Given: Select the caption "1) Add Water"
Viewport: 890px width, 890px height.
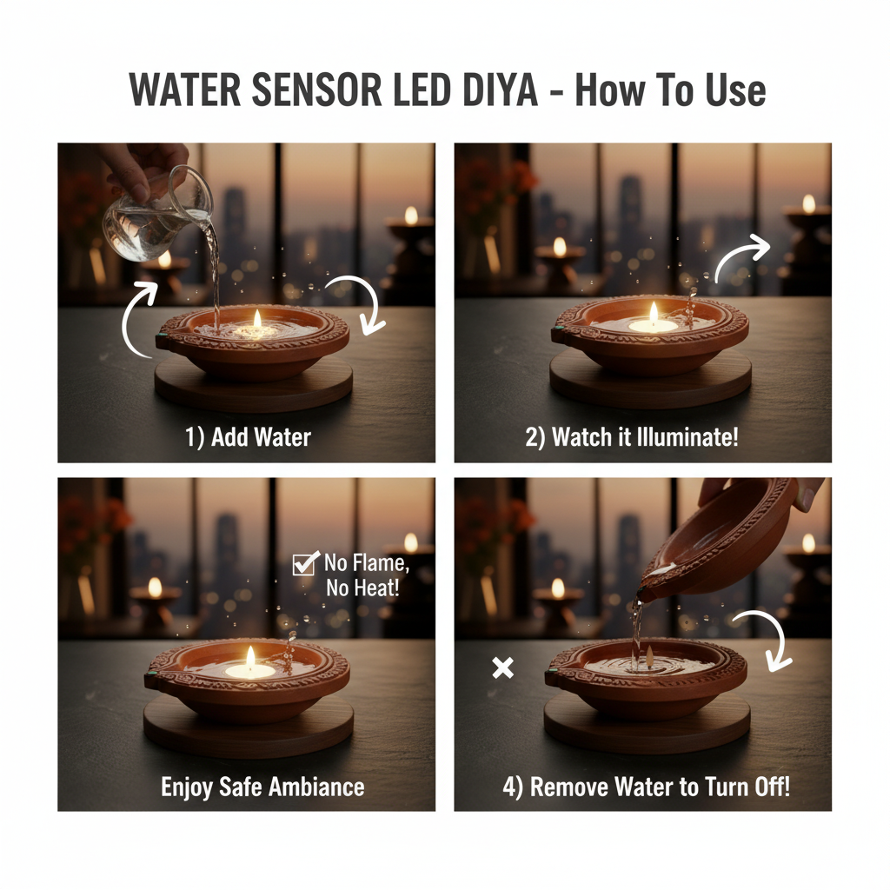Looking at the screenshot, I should tap(248, 436).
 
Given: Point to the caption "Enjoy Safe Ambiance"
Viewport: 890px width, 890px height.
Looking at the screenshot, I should tap(262, 787).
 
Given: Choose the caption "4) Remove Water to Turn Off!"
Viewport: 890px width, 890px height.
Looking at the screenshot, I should tap(647, 787).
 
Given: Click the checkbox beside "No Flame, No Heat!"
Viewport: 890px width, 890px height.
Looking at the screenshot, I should tap(305, 564).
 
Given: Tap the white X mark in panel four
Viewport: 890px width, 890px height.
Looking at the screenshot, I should tap(502, 667).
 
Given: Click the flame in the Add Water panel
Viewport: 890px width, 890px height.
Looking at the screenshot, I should tap(257, 320).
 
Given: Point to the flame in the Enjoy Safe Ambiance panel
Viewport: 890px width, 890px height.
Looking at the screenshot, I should tap(250, 656).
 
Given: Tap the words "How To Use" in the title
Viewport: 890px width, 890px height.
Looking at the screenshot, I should tap(670, 91).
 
